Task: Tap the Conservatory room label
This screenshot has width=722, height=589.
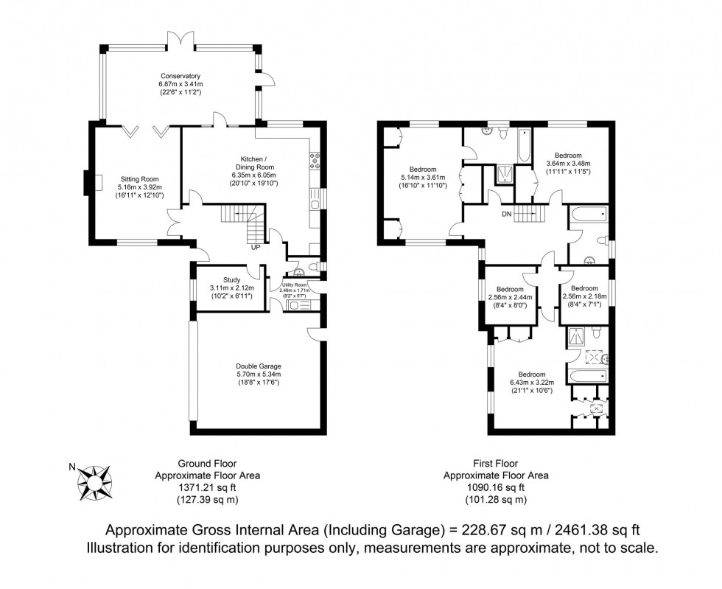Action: (181, 75)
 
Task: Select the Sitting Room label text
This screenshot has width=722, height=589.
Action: (139, 178)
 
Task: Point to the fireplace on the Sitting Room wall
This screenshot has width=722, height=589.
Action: (89, 182)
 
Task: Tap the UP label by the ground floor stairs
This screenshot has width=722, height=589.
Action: (256, 247)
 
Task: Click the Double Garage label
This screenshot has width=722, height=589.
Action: (258, 366)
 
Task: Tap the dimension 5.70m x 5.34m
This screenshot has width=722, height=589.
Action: (258, 374)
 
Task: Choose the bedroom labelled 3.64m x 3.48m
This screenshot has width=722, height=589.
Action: (568, 163)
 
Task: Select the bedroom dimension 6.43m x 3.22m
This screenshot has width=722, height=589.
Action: (531, 383)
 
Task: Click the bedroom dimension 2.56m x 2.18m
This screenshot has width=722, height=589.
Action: (584, 297)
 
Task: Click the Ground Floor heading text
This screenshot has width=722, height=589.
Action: (207, 464)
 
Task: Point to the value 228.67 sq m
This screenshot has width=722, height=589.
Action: (480, 530)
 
